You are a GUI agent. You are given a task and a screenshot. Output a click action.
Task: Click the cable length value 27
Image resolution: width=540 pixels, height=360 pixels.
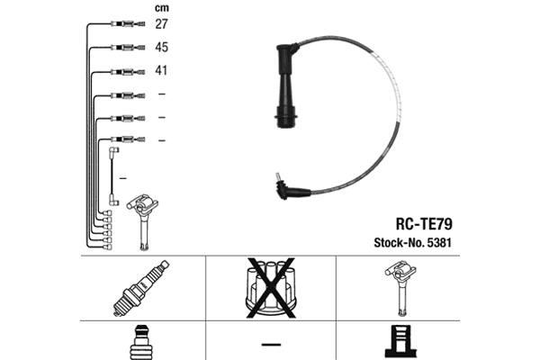[162, 23]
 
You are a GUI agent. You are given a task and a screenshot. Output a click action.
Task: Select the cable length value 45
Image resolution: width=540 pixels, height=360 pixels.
[162, 47]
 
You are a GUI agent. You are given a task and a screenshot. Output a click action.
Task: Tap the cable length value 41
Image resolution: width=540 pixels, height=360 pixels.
[162, 70]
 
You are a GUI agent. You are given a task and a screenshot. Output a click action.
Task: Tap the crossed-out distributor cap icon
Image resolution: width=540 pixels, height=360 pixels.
[269, 288]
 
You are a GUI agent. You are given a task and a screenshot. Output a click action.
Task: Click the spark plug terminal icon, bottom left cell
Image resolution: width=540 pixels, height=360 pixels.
[141, 343]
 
